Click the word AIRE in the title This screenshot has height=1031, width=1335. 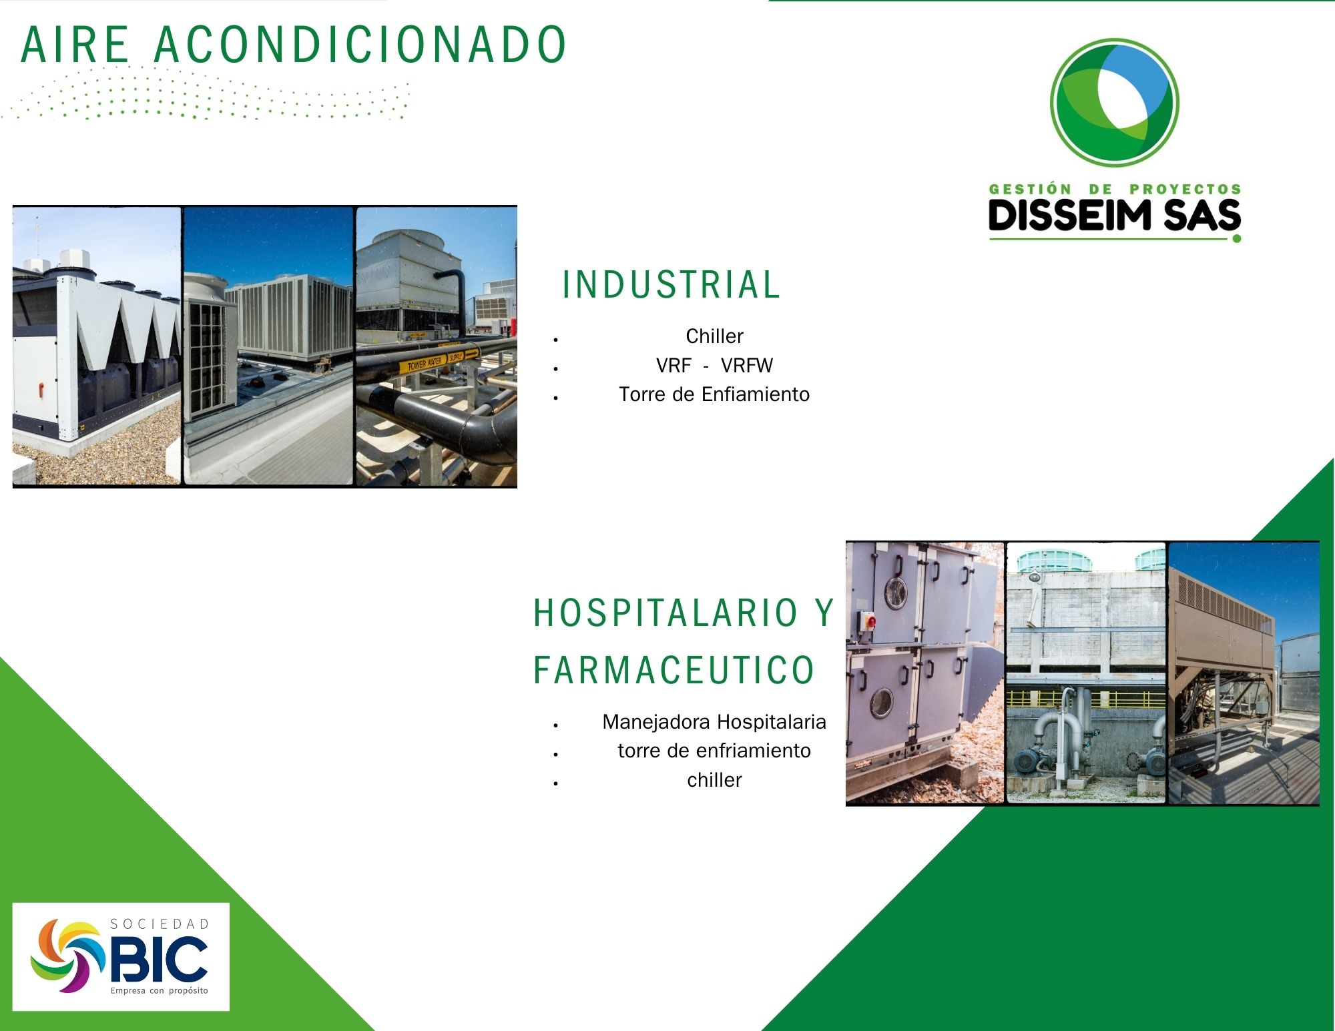(x=75, y=45)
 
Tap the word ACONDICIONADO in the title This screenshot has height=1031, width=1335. (x=360, y=45)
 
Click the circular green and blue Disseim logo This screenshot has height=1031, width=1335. (x=1114, y=102)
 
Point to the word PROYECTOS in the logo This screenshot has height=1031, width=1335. (x=1185, y=189)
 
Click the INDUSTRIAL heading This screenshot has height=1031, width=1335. (x=671, y=284)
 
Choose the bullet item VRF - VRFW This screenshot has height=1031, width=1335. (x=714, y=366)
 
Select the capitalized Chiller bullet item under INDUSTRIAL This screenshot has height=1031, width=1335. (x=714, y=336)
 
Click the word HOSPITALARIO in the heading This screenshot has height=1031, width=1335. (x=665, y=613)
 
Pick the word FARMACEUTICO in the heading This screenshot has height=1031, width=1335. (x=674, y=669)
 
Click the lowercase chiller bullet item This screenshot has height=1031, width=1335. (x=714, y=780)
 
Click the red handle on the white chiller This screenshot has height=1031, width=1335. (x=40, y=387)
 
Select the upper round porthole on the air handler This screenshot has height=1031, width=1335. (x=896, y=591)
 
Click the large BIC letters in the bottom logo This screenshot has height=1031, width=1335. (x=159, y=959)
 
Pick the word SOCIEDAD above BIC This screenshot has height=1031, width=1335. (x=160, y=924)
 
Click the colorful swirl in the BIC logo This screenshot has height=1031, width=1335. (x=67, y=956)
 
